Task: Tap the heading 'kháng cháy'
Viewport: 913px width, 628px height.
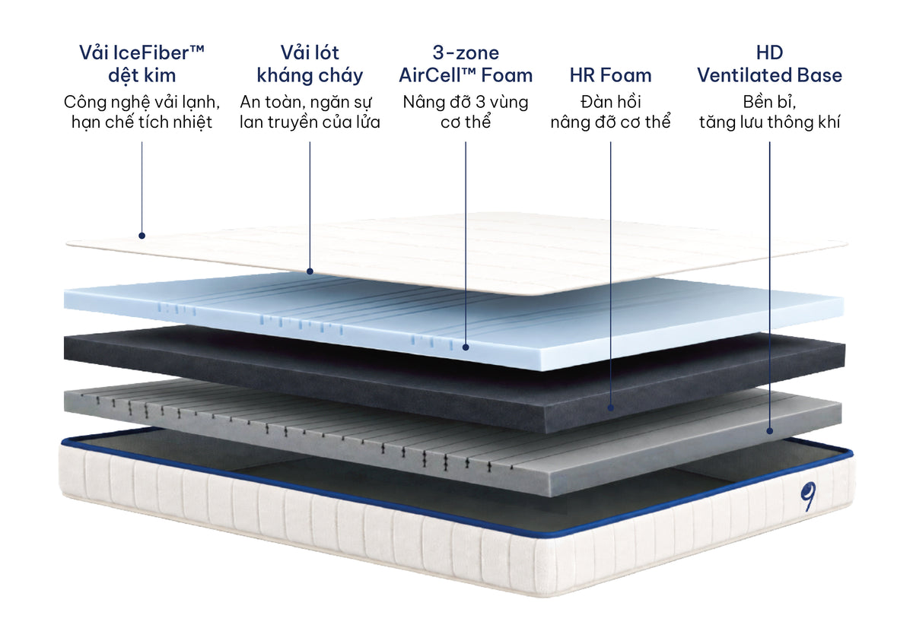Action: pyautogui.click(x=310, y=76)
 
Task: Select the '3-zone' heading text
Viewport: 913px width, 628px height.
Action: pyautogui.click(x=466, y=53)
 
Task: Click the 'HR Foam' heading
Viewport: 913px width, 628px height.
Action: pyautogui.click(x=610, y=75)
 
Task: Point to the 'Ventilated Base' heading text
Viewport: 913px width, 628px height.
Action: pyautogui.click(x=769, y=75)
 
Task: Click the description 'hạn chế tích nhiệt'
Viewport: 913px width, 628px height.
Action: pyautogui.click(x=142, y=122)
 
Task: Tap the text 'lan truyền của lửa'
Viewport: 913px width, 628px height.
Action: pyautogui.click(x=310, y=122)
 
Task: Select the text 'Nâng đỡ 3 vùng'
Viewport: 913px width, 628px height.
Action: pyautogui.click(x=466, y=102)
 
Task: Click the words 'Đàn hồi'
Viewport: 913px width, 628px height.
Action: pyautogui.click(x=610, y=102)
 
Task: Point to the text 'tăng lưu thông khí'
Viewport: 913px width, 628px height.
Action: pyautogui.click(x=769, y=122)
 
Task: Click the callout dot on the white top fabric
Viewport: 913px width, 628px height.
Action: pyautogui.click(x=142, y=236)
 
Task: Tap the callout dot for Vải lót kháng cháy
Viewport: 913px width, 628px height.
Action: pyautogui.click(x=310, y=271)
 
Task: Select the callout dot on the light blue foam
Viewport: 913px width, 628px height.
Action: pyautogui.click(x=466, y=347)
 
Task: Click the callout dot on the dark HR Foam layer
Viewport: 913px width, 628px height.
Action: pyautogui.click(x=610, y=408)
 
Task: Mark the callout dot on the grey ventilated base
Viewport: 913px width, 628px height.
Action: pyautogui.click(x=769, y=431)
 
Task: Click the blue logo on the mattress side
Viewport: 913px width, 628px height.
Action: pyautogui.click(x=808, y=496)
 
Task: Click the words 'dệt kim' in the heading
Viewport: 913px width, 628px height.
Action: pyautogui.click(x=142, y=76)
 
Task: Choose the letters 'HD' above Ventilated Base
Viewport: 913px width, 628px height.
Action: pyautogui.click(x=769, y=53)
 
